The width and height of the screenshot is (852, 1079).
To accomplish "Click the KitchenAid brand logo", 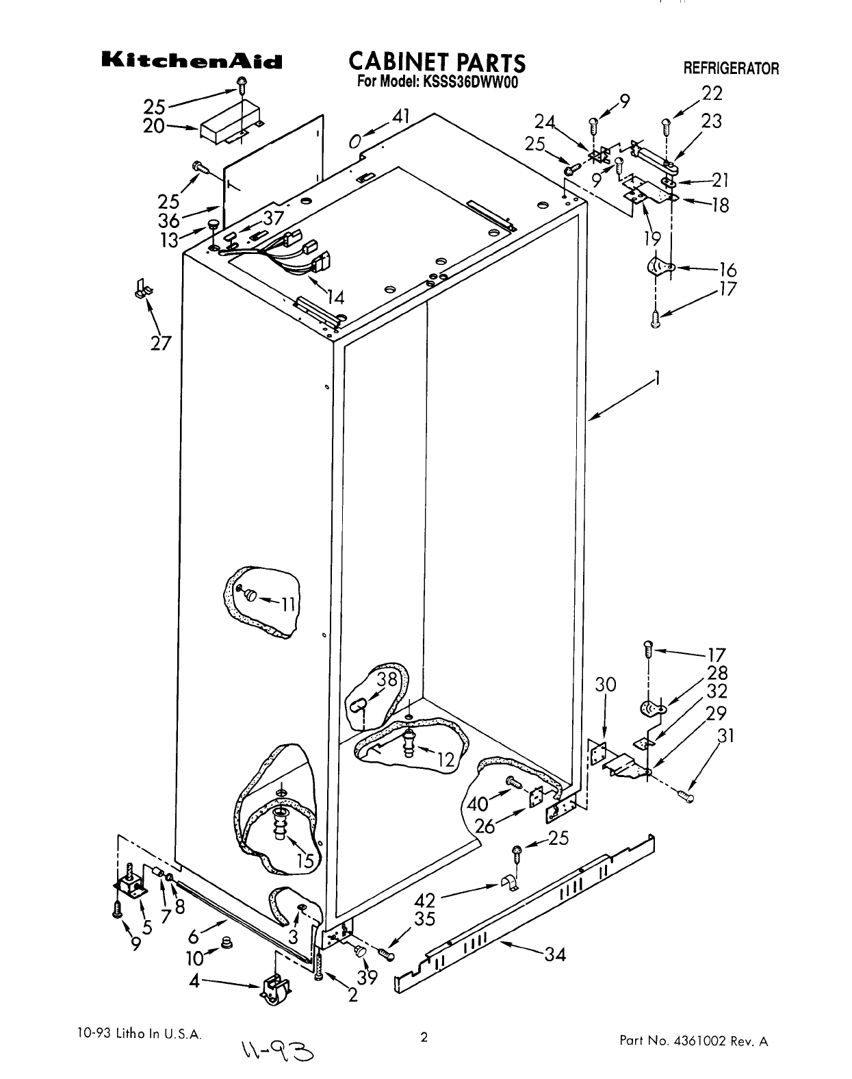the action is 192,62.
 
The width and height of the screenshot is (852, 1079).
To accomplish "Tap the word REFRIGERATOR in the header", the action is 731,68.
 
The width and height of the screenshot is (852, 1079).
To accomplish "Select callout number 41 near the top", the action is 401,118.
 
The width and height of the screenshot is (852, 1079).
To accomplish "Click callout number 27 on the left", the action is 162,344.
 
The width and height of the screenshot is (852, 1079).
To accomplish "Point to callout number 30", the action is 606,685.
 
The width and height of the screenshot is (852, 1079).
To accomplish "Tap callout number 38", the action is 387,679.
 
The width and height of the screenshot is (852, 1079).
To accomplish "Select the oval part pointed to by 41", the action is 354,141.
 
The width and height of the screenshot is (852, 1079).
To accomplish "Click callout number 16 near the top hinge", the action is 727,270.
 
